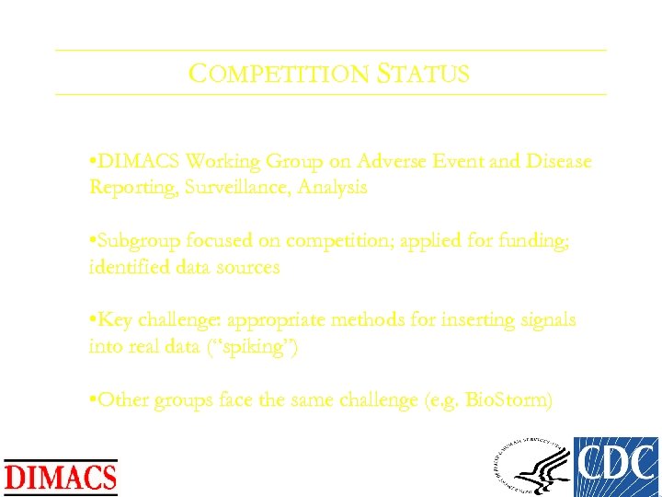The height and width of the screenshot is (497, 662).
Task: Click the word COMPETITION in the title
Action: pos(279,74)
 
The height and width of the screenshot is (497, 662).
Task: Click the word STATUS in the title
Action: pos(423,74)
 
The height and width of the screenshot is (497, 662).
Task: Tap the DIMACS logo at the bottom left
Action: pos(62,477)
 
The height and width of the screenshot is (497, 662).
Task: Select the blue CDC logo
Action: pos(616,467)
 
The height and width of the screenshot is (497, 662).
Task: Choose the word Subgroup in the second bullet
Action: pos(136,241)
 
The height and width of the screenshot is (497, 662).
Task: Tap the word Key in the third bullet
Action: pos(114,320)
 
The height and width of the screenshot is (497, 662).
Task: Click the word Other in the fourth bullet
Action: pos(122,400)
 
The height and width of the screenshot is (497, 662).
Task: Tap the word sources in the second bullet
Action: pos(248,267)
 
